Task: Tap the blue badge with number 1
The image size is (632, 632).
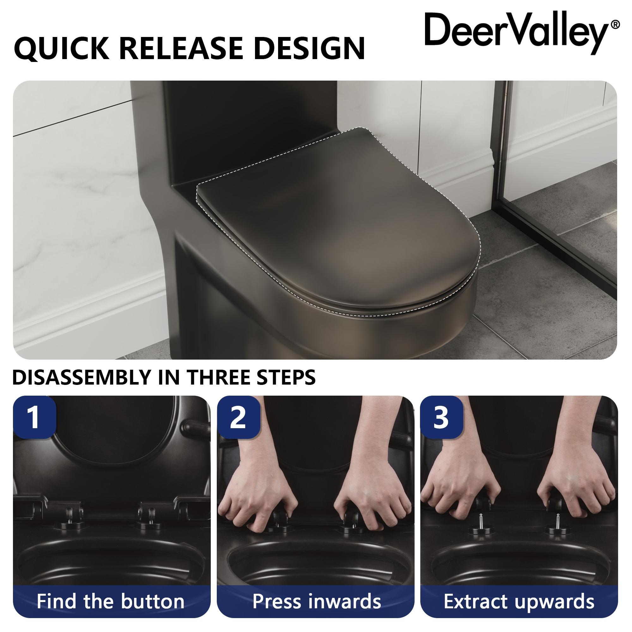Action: tap(34, 417)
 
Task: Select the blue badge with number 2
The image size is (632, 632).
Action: tap(238, 417)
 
